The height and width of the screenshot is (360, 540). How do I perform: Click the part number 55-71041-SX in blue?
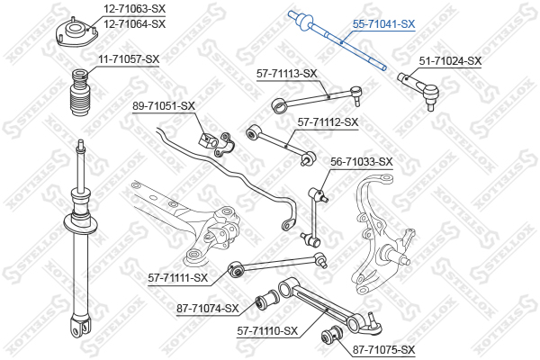(383, 24)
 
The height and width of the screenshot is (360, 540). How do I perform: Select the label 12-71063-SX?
(135, 9)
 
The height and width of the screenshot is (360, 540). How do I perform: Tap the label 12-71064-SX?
(135, 23)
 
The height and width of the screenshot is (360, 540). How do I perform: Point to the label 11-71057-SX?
(129, 59)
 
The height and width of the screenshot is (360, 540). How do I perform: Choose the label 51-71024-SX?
(450, 61)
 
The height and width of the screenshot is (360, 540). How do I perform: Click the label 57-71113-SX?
(287, 74)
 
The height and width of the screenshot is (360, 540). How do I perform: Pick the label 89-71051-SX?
(164, 106)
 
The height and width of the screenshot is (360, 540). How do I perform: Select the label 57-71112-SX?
(328, 122)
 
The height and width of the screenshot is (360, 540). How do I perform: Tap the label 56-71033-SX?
(362, 161)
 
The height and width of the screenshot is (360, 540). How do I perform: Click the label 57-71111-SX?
(178, 277)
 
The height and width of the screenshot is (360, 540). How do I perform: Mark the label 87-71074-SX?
(208, 309)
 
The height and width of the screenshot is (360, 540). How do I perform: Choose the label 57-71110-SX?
(267, 331)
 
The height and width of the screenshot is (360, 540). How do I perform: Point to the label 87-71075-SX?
(383, 350)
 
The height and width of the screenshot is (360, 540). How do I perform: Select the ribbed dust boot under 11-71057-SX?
(79, 93)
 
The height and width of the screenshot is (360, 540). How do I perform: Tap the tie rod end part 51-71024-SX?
(418, 90)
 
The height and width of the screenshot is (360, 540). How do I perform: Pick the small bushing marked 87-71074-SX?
(267, 300)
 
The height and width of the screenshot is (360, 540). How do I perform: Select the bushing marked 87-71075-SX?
(331, 335)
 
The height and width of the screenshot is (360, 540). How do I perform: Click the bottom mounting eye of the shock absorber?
(81, 326)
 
